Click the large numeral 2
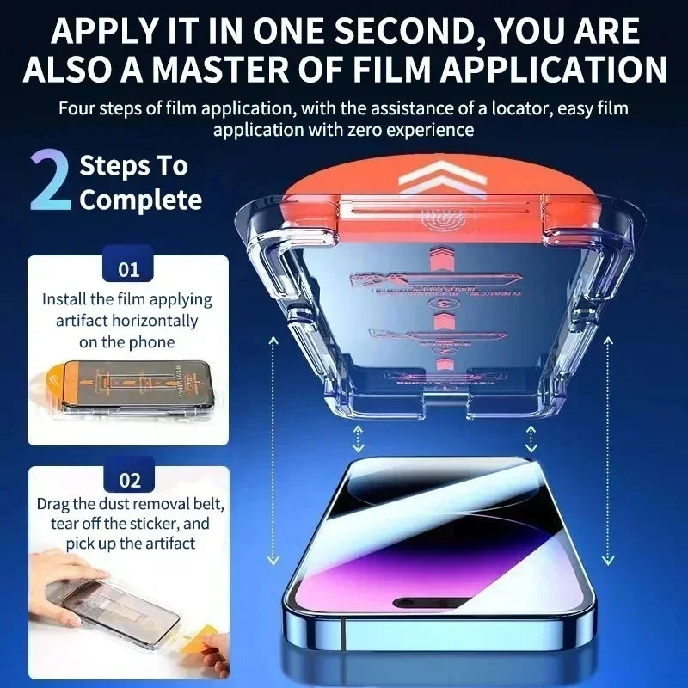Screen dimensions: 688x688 click(50, 182)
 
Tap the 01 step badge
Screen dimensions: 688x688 click(128, 269)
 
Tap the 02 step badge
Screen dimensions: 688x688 click(128, 480)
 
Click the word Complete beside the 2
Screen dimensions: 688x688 click(140, 200)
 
